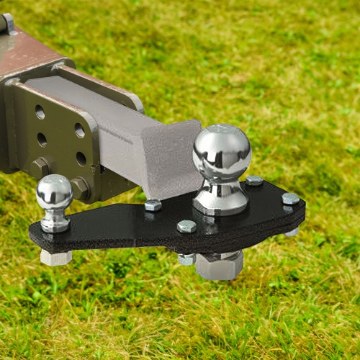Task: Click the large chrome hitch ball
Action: point(222,152)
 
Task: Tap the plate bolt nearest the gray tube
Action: point(153,205)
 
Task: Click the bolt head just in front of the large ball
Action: point(186,226)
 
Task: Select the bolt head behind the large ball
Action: point(254,181)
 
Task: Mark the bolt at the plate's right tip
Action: point(290,199)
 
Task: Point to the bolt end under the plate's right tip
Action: point(292,232)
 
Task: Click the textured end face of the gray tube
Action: point(173,158)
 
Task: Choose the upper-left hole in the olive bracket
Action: point(40,112)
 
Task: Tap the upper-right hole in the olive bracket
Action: point(79,130)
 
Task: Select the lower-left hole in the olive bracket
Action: point(42,139)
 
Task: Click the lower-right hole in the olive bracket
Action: point(81,158)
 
